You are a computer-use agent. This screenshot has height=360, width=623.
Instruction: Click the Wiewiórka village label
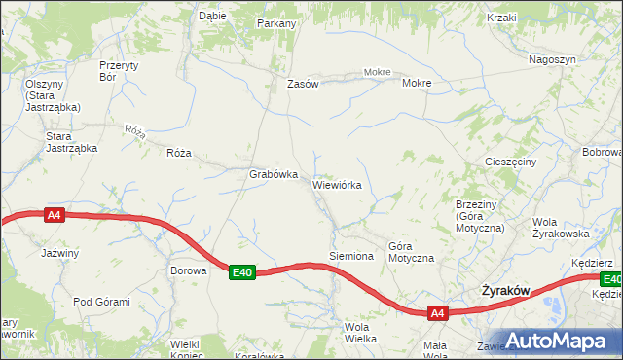coord(337,184)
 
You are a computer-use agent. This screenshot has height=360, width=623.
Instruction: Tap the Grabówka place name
coord(273,174)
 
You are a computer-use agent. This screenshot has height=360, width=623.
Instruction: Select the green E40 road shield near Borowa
coord(242,273)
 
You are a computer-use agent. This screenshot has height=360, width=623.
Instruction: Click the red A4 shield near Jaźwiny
coord(55,216)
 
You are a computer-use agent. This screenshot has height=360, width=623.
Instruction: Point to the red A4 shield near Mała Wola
coord(437,313)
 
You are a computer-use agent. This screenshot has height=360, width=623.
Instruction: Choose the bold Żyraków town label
coord(506,291)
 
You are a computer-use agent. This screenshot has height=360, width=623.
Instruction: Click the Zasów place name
coord(303,84)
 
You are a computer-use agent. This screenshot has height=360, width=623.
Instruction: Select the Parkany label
coord(276,22)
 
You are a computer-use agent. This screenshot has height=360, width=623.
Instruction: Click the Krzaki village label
coord(501,18)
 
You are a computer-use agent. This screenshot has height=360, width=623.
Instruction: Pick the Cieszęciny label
coord(510,162)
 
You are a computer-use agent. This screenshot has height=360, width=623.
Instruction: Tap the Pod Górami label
coord(101,302)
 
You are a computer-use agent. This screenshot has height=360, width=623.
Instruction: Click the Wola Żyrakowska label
coord(562,227)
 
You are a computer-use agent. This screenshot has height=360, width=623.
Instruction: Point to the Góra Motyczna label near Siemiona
coord(410,252)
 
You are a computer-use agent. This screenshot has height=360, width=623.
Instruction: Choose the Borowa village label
coord(189,270)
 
